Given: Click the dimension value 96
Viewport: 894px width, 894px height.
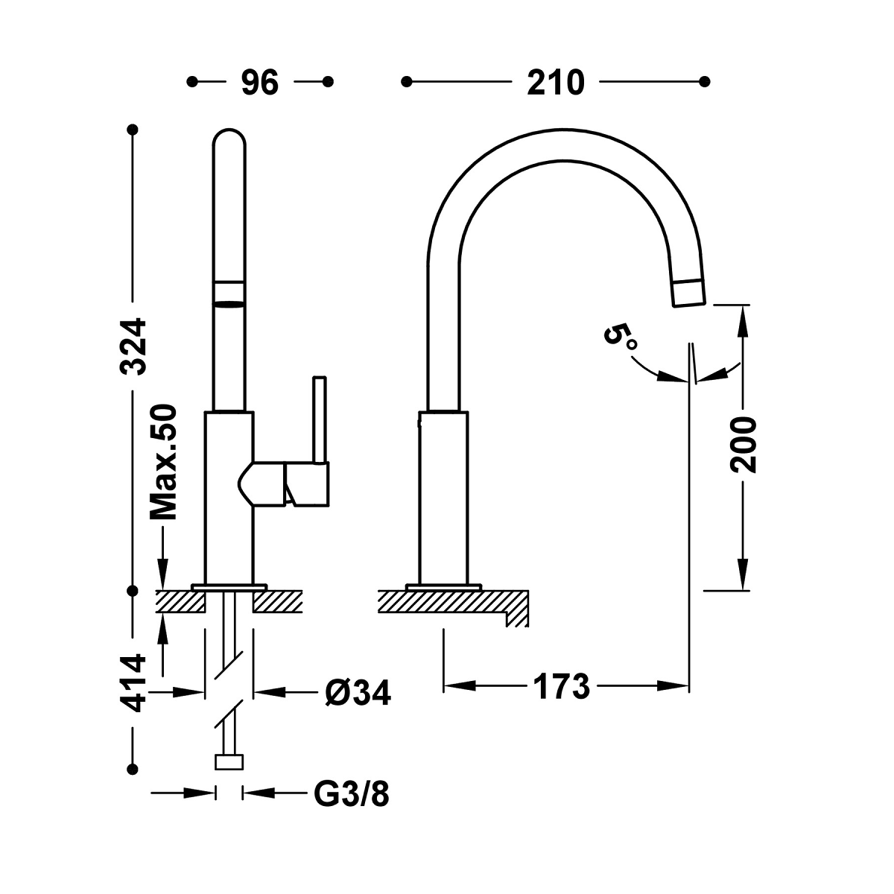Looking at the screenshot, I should click(259, 82).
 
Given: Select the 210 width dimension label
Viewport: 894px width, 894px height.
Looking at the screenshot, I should click(555, 82).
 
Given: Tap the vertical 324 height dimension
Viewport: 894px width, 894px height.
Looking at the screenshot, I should click(135, 346).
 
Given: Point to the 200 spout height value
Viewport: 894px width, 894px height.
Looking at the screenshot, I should click(744, 445).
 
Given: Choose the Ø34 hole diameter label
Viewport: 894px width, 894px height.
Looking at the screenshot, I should click(357, 692).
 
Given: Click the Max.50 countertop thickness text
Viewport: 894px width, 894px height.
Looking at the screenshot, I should click(162, 462).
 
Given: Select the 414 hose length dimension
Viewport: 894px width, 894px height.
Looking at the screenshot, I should click(134, 682).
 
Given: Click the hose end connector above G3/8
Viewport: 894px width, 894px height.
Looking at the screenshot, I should click(229, 762).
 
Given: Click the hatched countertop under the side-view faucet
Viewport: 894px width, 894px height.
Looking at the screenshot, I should click(447, 601).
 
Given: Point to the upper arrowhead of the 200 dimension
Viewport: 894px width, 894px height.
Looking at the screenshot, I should click(742, 317).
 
